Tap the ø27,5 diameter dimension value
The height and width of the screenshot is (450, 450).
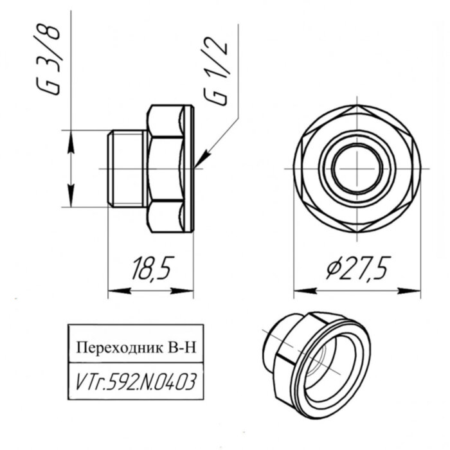[359, 269]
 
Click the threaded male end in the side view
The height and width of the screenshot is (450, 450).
[126, 168]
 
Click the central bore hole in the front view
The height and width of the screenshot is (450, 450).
[357, 169]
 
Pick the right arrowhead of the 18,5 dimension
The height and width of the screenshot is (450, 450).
[188, 291]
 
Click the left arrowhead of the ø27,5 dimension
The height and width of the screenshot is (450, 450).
[300, 291]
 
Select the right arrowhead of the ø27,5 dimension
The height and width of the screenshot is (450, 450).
[415, 291]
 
